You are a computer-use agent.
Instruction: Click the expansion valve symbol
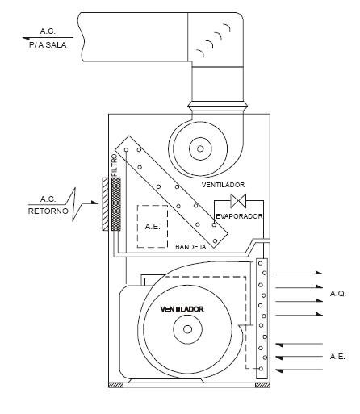pos(238,201)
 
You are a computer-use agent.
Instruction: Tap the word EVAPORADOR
pos(239,216)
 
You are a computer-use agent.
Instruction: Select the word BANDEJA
pos(190,247)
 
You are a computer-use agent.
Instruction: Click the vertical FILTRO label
pos(115,165)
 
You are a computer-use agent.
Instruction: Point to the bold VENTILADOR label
pos(182,309)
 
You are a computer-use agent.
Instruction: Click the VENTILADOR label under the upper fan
pos(223,185)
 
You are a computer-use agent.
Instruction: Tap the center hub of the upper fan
pos(200,148)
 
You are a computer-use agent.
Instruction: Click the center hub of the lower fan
pos(187,329)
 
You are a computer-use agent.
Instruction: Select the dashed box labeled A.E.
pos(153,227)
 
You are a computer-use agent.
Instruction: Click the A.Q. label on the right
pos(338,294)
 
